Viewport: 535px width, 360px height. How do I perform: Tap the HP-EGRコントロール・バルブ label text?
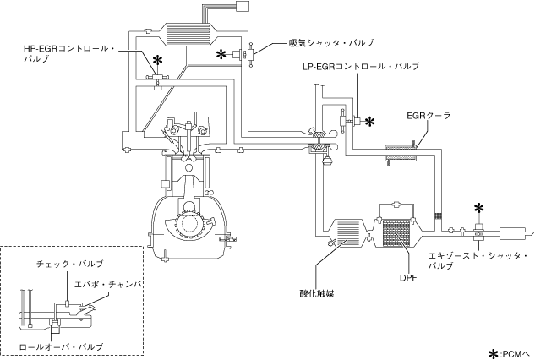coord(69,53)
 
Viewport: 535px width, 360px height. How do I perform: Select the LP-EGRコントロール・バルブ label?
coord(361,66)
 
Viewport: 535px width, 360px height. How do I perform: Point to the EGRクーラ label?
coord(429,116)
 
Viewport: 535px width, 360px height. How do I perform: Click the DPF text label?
coord(408,278)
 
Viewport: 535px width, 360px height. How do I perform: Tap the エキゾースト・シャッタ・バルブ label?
coord(478,260)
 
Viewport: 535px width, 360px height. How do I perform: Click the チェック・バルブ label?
coord(69,264)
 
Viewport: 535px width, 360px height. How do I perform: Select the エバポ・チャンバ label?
coord(107,284)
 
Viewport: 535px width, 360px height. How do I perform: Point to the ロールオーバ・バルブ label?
coord(61,347)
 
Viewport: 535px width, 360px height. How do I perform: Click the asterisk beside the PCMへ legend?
coord(494,353)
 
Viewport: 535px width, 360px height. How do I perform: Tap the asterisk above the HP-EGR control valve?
coord(157,60)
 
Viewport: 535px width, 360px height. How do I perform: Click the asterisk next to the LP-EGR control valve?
coord(370,122)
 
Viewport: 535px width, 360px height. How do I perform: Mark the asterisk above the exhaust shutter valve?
coord(479,208)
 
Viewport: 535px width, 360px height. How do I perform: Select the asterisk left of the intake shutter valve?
coord(221,54)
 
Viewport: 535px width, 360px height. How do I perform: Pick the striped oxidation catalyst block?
coord(348,234)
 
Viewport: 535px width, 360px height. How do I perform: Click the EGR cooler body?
coord(401,153)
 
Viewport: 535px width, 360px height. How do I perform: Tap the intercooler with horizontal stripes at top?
coord(188,34)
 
